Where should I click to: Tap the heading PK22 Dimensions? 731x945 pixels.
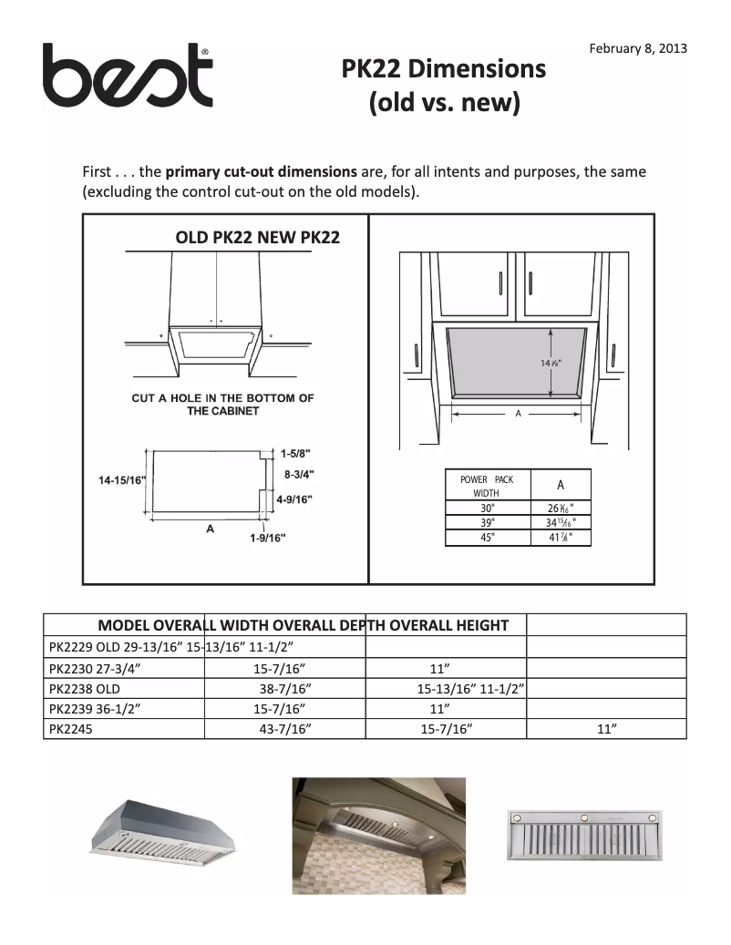[444, 69]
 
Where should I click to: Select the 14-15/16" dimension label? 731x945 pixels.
[121, 479]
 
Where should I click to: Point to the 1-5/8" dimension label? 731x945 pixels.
[297, 453]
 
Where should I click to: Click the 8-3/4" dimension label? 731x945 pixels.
[300, 475]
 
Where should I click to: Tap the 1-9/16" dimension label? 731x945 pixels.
[268, 538]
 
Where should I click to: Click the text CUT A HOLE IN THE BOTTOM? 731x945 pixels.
[222, 398]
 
